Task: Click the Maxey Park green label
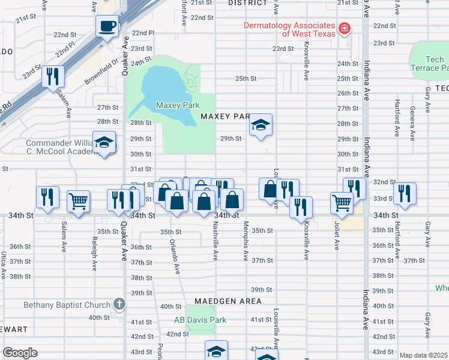(x=177, y=106)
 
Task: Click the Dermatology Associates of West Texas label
(x=289, y=29)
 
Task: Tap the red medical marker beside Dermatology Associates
(x=344, y=28)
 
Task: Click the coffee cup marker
(x=107, y=26)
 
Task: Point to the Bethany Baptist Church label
(x=67, y=305)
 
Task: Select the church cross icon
(x=119, y=304)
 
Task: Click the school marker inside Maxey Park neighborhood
(x=261, y=125)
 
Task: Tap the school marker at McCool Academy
(x=106, y=143)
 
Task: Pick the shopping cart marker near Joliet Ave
(x=342, y=202)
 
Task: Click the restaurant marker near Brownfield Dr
(x=54, y=76)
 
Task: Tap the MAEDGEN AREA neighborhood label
(x=228, y=301)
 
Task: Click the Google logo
(x=20, y=353)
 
